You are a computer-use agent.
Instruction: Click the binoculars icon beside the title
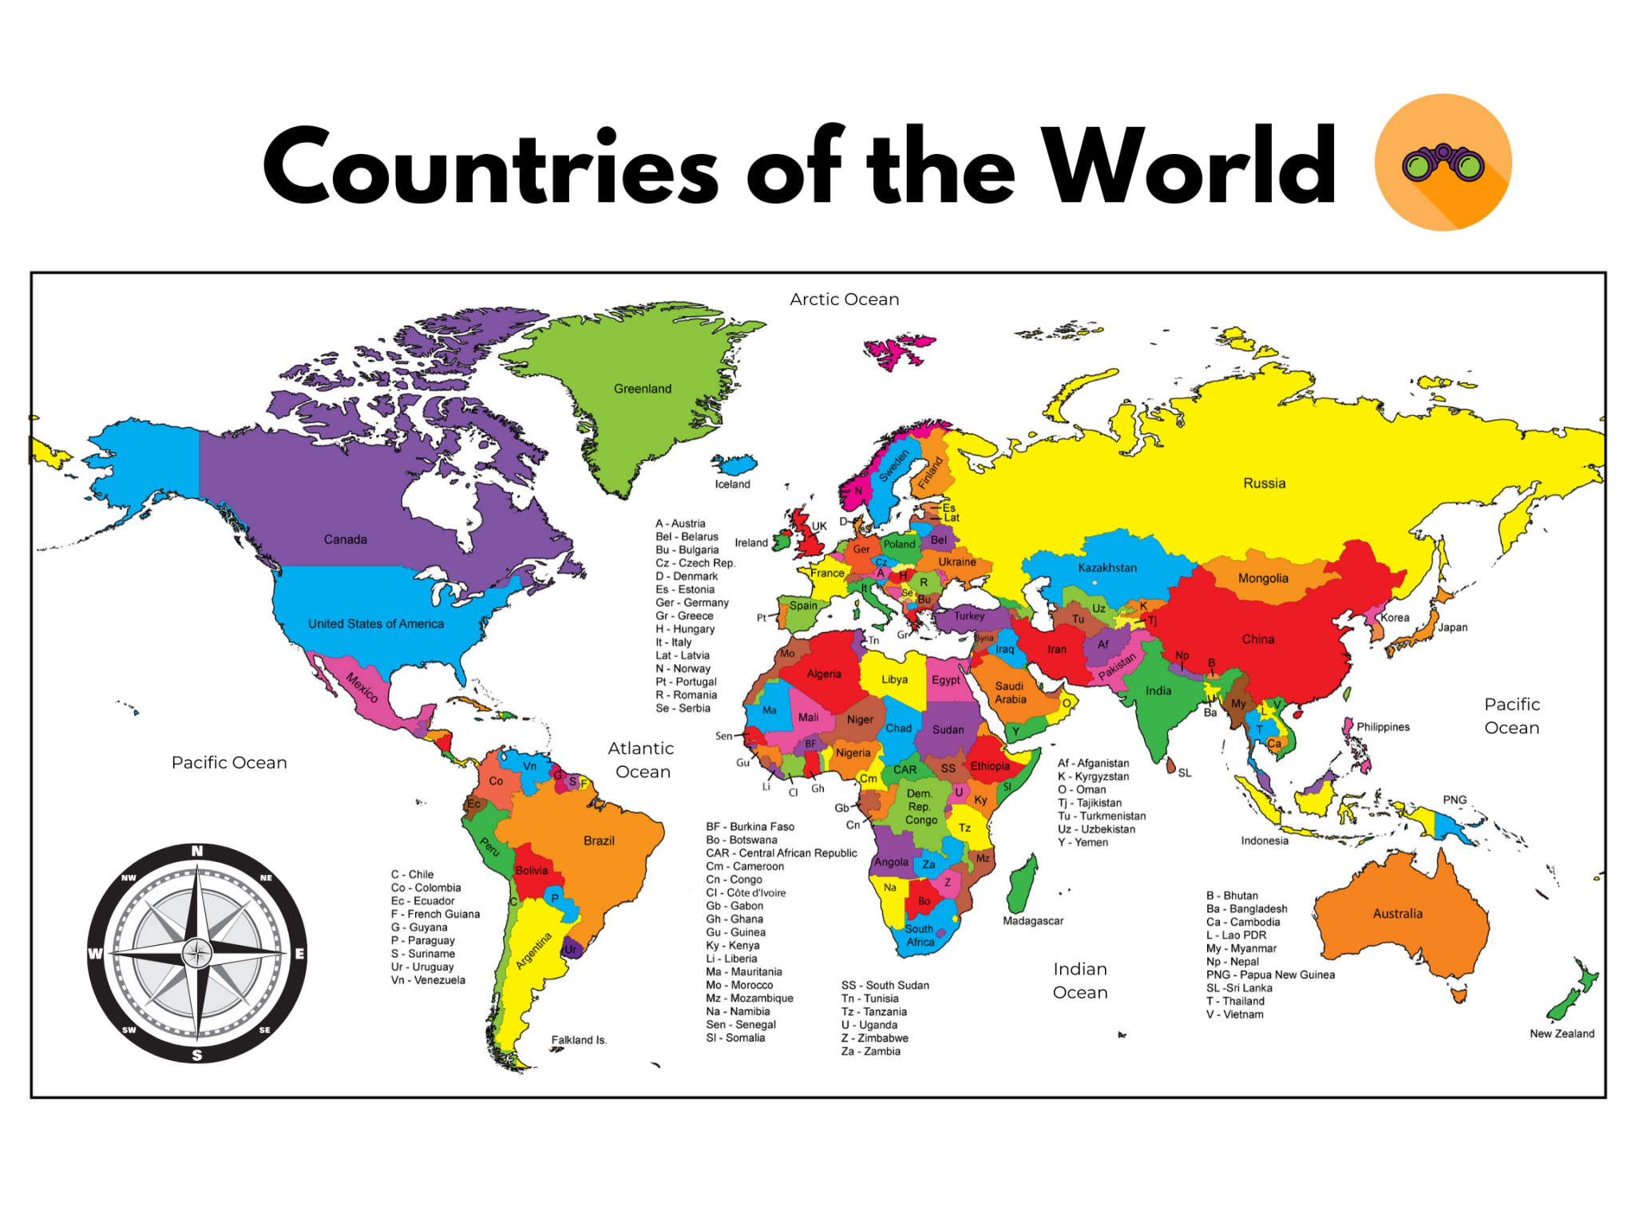tap(1443, 162)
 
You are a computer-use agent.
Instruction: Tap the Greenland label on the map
tap(642, 389)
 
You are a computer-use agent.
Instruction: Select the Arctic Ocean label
tap(844, 299)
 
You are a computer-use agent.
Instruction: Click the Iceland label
tap(732, 484)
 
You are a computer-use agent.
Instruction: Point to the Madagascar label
tap(1032, 921)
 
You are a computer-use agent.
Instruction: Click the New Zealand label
tap(1562, 1034)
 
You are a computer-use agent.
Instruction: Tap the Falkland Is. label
tap(579, 1040)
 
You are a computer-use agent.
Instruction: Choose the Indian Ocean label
tap(1079, 981)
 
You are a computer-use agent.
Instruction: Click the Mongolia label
tap(1262, 579)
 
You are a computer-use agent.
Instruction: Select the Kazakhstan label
tap(1107, 568)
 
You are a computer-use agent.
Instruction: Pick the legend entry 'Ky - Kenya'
tap(732, 946)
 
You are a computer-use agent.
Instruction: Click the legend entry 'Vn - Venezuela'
tap(428, 980)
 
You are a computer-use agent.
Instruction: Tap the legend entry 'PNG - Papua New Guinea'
tap(1270, 975)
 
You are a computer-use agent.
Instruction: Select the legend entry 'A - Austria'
tap(680, 524)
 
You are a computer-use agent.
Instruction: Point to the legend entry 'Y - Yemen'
tap(1083, 842)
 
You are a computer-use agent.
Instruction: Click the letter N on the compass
tap(197, 852)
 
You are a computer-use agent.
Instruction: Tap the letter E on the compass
tap(299, 954)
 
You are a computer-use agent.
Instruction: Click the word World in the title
tap(1189, 166)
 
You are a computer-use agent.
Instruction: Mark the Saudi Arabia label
tap(1010, 693)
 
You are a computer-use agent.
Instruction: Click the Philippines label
tap(1383, 727)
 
